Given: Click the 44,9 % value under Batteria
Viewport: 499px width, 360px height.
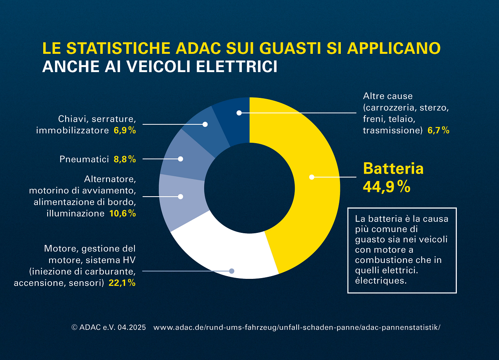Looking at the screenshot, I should pos(386,187).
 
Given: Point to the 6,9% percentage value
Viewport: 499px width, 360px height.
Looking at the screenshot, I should pos(125,131).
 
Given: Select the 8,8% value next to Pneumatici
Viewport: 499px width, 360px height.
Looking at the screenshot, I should pos(125,159).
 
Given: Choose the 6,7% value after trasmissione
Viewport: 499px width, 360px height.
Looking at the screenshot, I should pos(439,131).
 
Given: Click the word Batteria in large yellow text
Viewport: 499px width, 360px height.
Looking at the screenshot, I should pos(393,168).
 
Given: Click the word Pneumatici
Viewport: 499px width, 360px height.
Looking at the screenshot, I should pos(84,159).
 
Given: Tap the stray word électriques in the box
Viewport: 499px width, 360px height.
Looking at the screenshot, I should pos(381,280).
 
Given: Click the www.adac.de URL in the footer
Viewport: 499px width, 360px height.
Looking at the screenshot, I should pos(297,328).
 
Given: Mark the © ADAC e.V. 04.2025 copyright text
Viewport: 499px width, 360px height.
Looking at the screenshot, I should pos(109,328).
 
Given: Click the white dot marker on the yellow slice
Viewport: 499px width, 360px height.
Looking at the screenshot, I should pos(311,177).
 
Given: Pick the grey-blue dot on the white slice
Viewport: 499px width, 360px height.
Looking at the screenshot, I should pos(232,271).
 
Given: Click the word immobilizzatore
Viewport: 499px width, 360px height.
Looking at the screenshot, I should pos(72,131).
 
